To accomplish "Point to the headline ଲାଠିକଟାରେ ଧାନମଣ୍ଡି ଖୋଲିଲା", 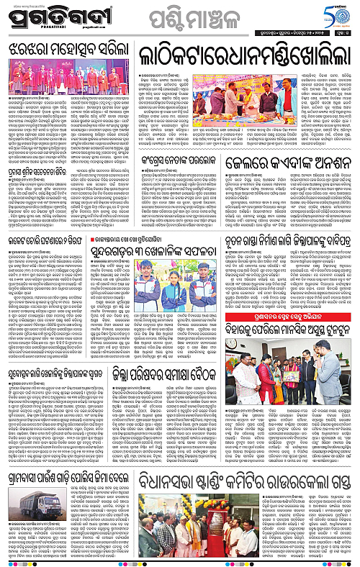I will click(x=246, y=54).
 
